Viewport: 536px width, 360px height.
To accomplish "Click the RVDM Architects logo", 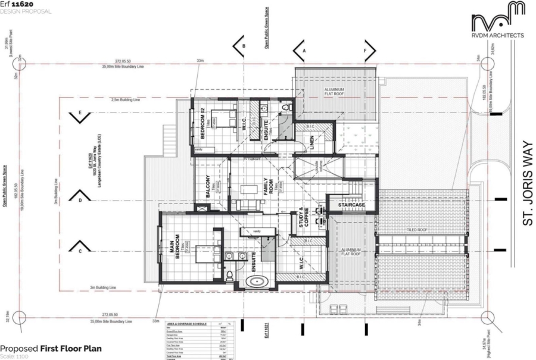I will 497,20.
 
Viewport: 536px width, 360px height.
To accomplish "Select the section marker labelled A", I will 303,51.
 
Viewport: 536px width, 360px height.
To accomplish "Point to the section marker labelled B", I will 243,46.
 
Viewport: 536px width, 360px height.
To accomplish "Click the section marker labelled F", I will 365,51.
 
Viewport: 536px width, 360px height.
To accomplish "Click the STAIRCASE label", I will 351,205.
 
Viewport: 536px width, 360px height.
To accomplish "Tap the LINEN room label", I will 311,143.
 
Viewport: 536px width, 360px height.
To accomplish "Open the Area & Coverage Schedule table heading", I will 188,324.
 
